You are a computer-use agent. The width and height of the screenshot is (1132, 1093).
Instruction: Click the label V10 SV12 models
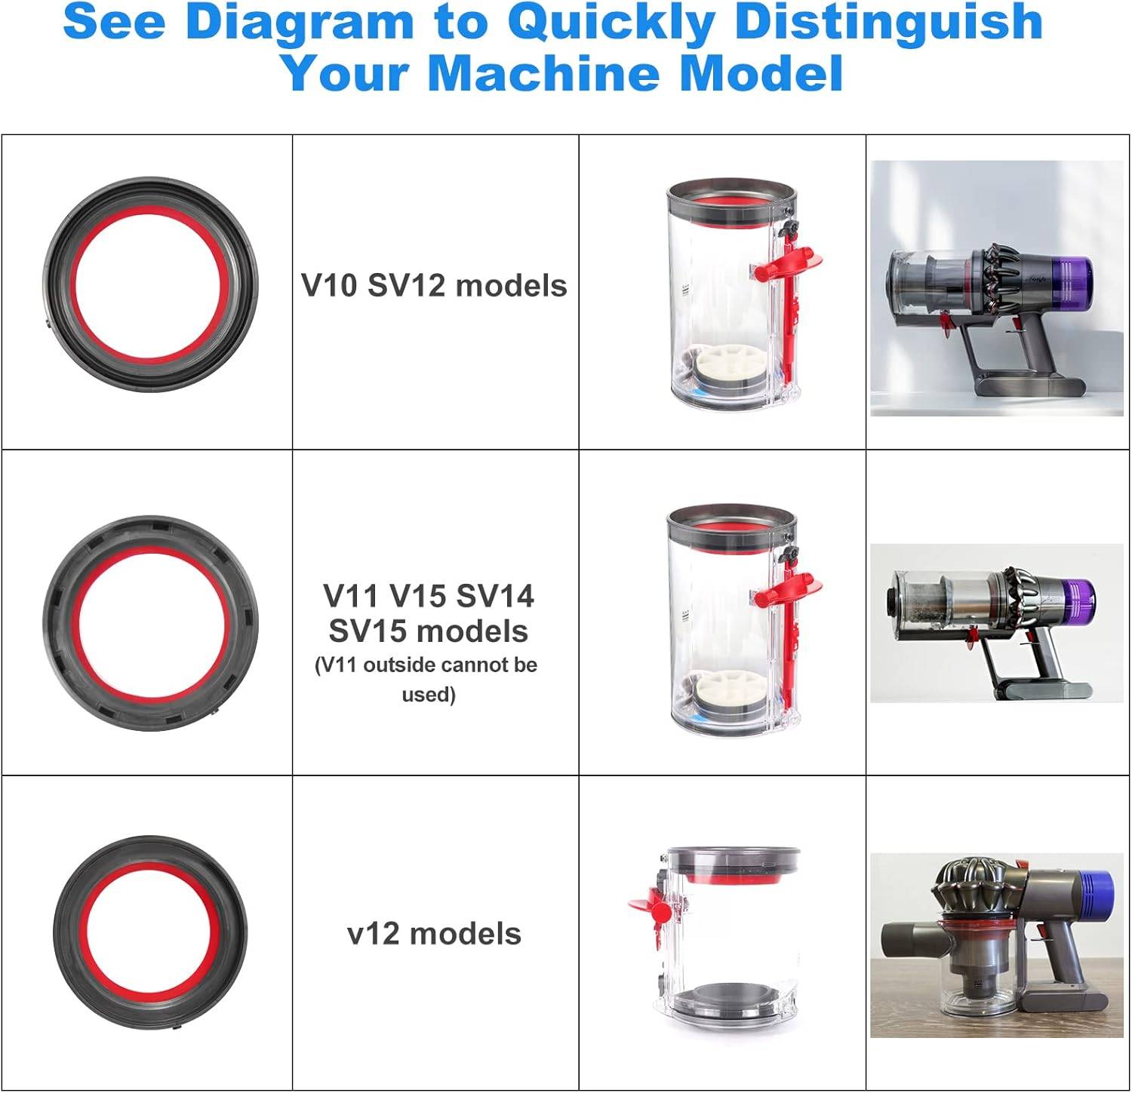tap(434, 286)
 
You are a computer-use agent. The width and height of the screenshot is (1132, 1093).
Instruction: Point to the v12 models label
tap(434, 934)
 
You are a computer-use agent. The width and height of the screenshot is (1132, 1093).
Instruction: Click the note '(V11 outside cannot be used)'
tap(427, 679)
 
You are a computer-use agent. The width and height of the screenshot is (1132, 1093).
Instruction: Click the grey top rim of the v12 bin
tap(732, 858)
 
